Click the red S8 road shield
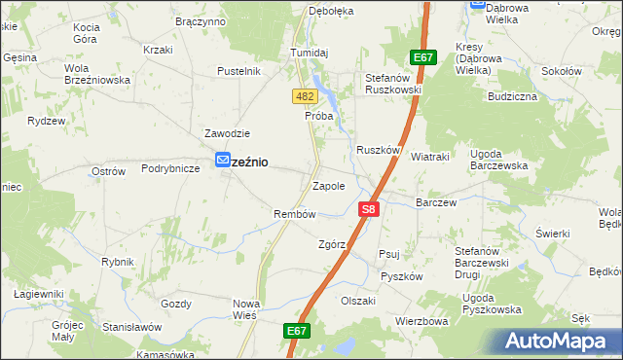[368, 208]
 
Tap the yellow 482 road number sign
[304, 96]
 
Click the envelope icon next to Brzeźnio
[223, 162]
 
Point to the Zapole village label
[328, 185]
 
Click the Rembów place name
[295, 214]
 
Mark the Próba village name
[318, 116]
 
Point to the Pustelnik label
[238, 71]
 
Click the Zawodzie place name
[227, 133]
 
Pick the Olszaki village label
[358, 301]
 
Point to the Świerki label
[553, 234]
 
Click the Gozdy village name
[176, 304]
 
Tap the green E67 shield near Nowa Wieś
[298, 332]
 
